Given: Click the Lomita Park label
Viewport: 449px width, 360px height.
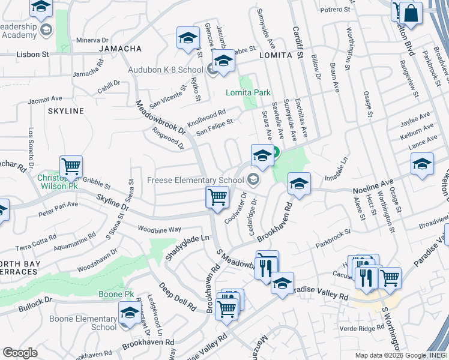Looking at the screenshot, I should pos(248,92).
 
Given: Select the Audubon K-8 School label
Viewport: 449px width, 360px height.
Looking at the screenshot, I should pos(165,70).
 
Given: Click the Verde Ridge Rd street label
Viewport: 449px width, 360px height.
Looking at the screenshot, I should pos(363,328).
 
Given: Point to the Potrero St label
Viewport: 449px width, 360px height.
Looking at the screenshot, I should pos(335,10).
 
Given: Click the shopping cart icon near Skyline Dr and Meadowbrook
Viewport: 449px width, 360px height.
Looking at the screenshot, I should pos(217,197).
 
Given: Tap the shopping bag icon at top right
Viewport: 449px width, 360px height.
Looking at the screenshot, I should pos(412,12).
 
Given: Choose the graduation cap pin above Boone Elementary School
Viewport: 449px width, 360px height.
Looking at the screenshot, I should pos(129,312).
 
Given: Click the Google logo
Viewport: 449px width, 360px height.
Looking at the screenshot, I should pos(20,353).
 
